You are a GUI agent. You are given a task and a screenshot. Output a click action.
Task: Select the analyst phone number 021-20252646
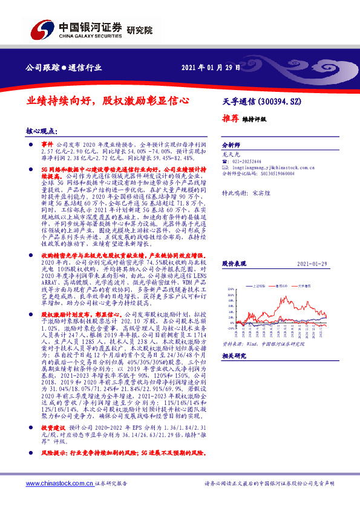(x=246, y=162)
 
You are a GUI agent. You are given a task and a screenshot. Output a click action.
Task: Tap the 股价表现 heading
(x=233, y=264)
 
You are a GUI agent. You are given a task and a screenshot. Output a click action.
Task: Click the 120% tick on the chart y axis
(x=229, y=289)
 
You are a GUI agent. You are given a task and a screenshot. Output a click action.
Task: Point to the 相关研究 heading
(x=233, y=357)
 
